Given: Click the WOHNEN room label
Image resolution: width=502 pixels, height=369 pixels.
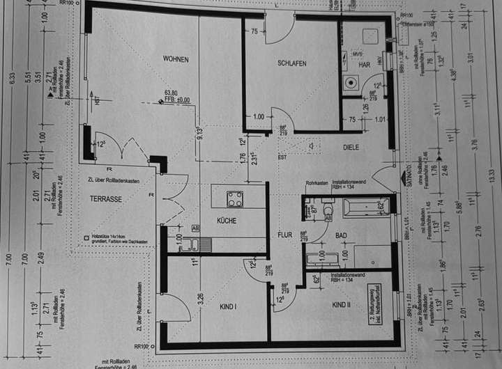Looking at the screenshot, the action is pos(176,59).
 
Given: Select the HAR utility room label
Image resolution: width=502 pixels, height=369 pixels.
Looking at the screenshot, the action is pos(364,65).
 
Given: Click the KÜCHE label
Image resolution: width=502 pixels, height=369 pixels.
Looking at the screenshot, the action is pos(226,221).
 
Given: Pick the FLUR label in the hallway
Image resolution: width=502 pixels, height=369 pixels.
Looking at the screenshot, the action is pos(284,235).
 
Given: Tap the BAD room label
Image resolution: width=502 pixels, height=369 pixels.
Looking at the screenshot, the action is pos(341,236).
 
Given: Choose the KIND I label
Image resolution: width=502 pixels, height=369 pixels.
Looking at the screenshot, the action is pos(228,306).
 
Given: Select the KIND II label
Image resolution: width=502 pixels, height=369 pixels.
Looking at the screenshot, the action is pos(341,305).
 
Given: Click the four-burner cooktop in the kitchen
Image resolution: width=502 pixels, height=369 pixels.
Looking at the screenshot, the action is pos(235,198).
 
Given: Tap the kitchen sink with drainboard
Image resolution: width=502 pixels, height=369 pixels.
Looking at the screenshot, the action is pos(192,244).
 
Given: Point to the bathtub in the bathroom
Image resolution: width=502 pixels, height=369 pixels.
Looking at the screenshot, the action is pos(364,207).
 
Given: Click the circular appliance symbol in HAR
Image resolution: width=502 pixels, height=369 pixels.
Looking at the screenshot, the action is pos(351,81).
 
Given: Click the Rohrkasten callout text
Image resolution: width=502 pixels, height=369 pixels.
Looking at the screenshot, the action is pos(317,183).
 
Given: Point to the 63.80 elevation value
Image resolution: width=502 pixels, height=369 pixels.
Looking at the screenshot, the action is pos(171,93).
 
